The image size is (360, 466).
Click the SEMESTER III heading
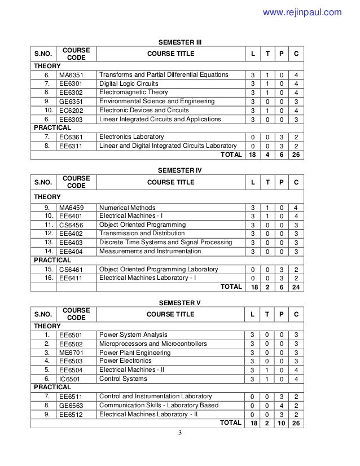[x=179, y=42]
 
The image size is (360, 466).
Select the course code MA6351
[x=71, y=75]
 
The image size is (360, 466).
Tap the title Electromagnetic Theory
[x=133, y=92]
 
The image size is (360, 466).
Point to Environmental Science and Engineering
[x=157, y=101]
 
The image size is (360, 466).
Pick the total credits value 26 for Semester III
[x=296, y=154]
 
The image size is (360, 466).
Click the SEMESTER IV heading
[x=179, y=170]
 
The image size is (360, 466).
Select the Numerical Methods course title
[x=128, y=208]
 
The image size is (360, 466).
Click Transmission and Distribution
[x=142, y=233]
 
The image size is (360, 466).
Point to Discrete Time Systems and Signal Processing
[x=165, y=242]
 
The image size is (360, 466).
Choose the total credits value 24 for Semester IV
[x=296, y=287]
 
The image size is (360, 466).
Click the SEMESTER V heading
[x=179, y=302]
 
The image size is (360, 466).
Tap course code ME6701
[x=71, y=353]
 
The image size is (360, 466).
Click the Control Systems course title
[x=123, y=379]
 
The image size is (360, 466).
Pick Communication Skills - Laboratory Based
[x=159, y=405]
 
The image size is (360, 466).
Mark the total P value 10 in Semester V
[x=280, y=422]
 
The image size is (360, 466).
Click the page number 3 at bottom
[x=179, y=433]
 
